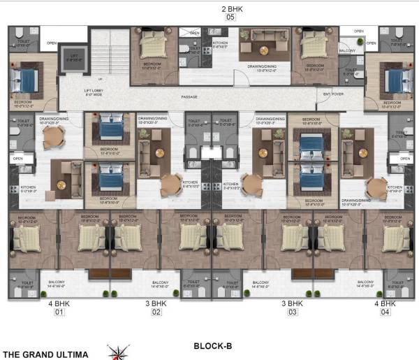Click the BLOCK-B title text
(212, 345)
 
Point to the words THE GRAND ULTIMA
(46, 354)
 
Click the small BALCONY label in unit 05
(347, 50)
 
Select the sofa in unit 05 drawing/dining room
(263, 48)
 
